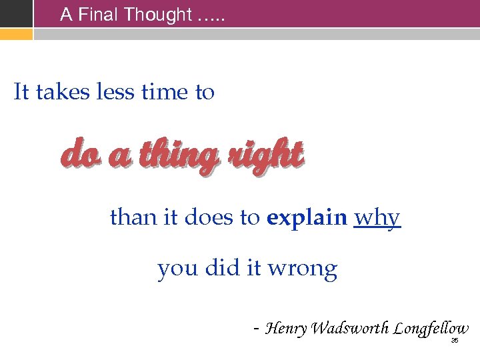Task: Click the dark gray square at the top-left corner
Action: [16, 13]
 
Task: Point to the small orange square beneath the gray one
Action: [16, 33]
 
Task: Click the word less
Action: [115, 92]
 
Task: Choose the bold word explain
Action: [307, 218]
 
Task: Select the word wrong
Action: [302, 269]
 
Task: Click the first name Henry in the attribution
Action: [286, 329]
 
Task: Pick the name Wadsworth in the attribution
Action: [350, 329]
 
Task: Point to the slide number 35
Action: [455, 341]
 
